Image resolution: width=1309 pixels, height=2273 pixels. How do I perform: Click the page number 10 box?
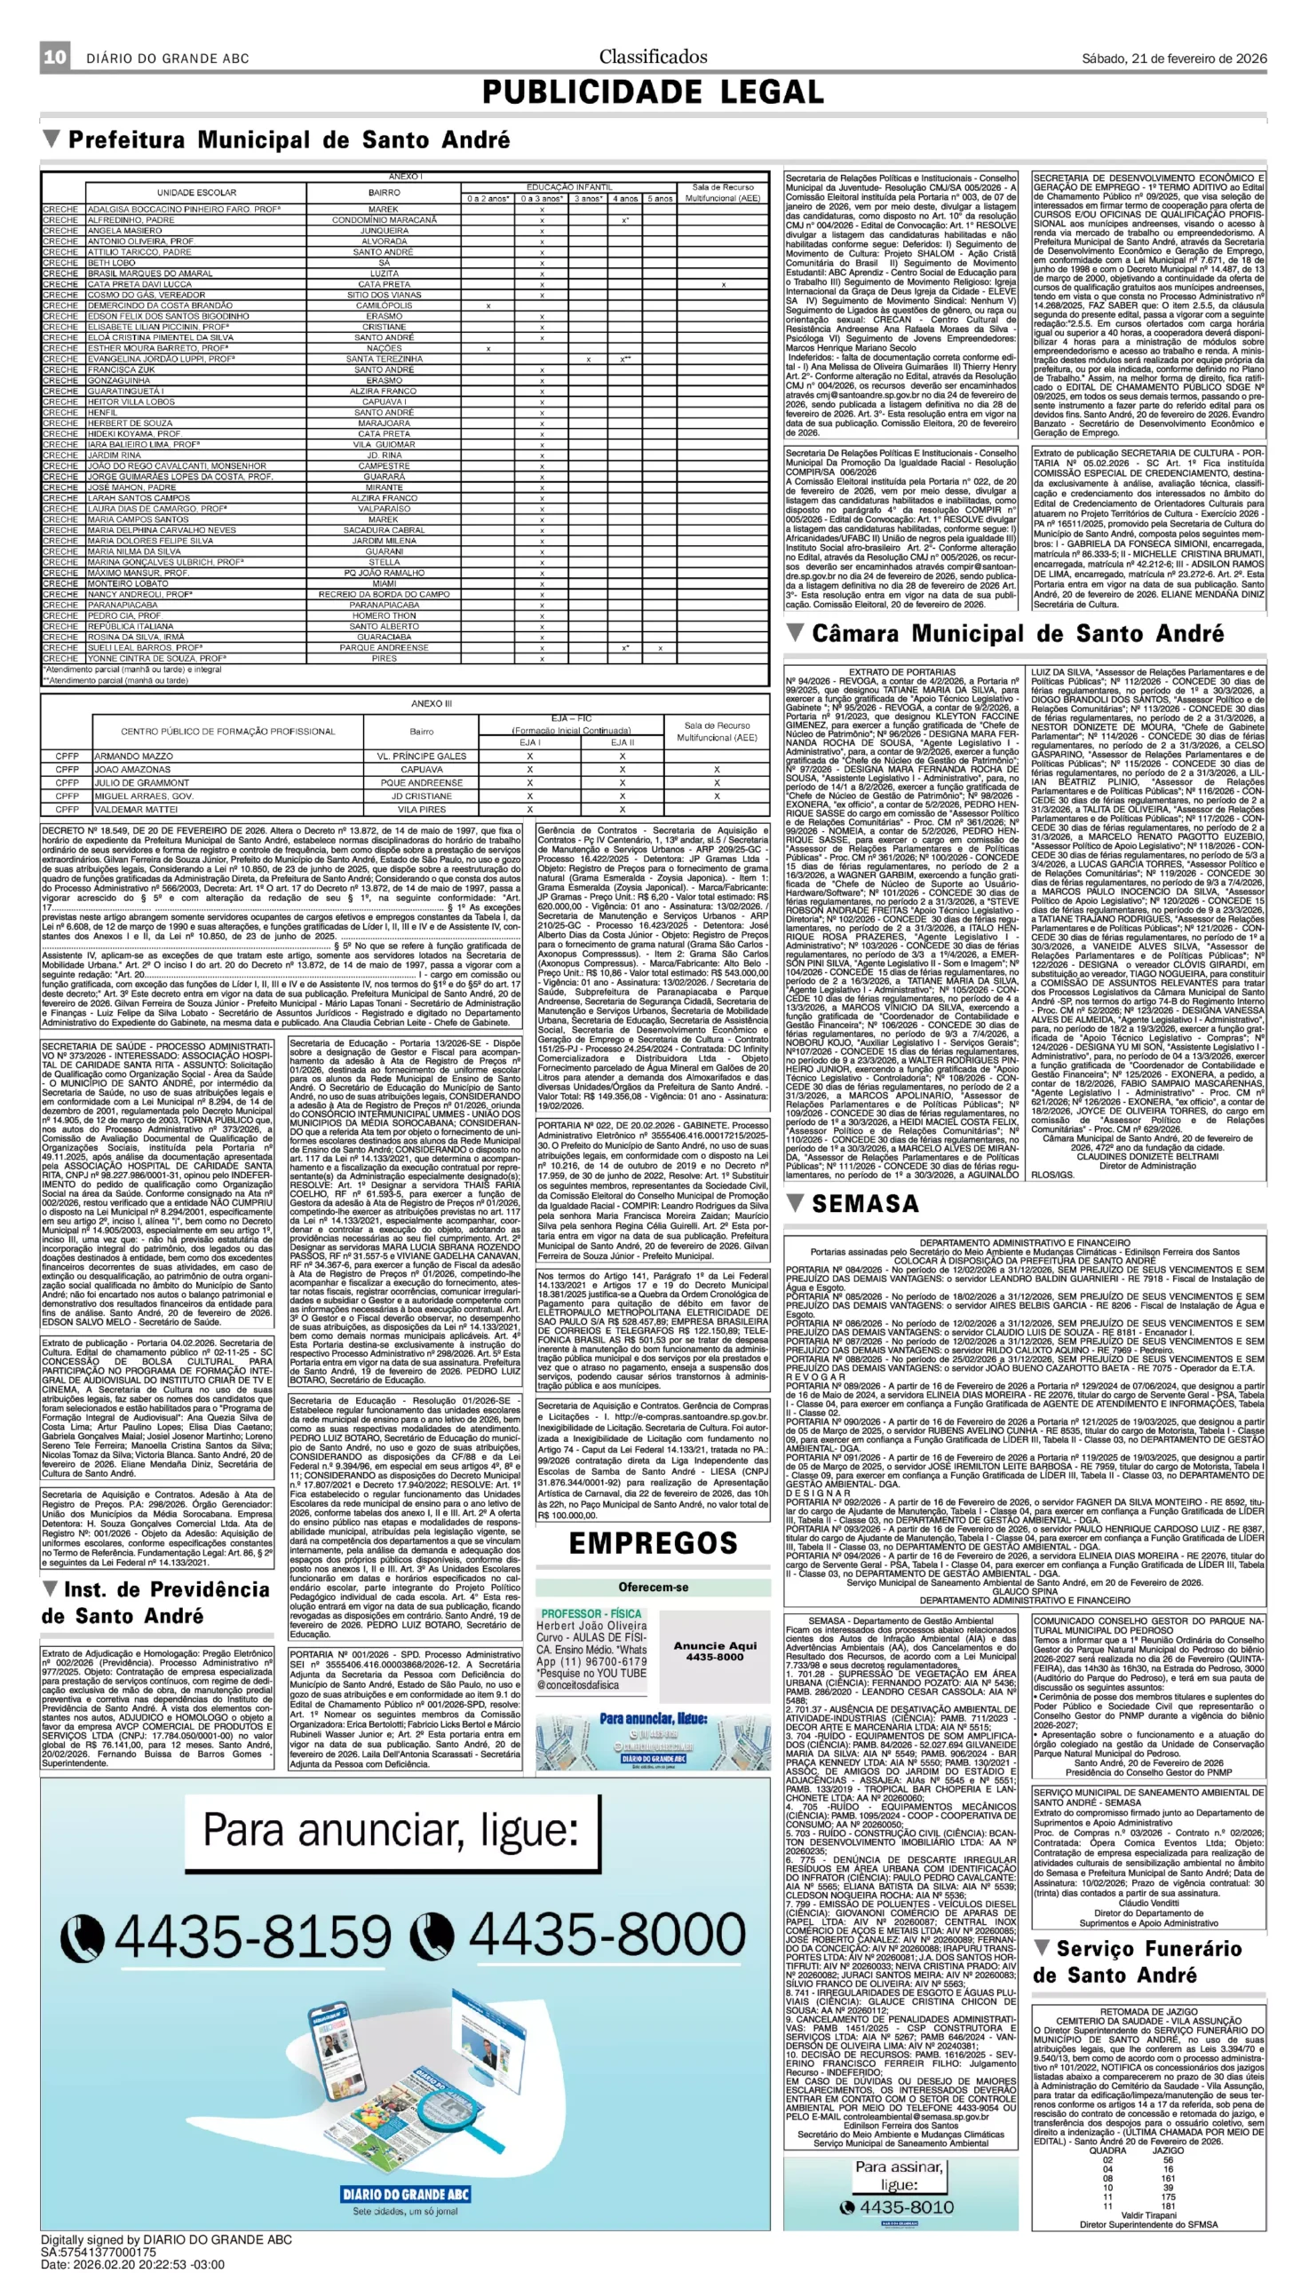55,58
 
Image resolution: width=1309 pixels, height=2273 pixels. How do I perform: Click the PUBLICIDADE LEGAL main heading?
653,91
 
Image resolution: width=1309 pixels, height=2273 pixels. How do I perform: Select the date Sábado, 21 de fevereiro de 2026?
1174,59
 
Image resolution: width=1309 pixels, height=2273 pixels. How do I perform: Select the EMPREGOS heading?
654,1543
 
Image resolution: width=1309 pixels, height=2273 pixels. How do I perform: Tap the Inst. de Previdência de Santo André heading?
156,1603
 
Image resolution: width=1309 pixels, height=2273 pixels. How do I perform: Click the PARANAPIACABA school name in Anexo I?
124,605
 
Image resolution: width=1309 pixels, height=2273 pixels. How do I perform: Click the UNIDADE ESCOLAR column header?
197,193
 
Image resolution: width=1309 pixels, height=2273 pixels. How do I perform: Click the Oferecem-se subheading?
653,1587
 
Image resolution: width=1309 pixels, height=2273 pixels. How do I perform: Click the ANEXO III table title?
432,704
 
